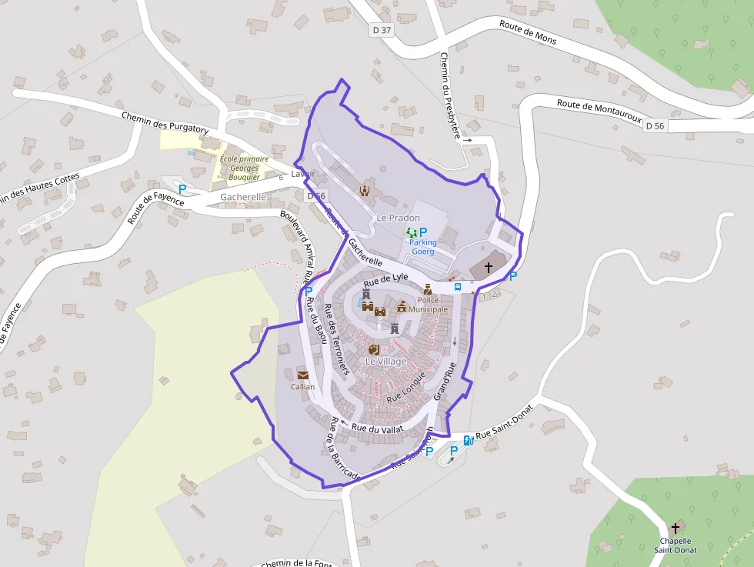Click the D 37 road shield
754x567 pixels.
381,30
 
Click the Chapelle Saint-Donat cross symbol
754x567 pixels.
676,528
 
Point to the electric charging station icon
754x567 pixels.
467,440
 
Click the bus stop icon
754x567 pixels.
458,286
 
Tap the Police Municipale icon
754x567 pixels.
428,290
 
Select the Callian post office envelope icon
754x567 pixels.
302,375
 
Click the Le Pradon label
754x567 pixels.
398,218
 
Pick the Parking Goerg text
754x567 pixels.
422,247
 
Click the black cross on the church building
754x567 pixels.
488,268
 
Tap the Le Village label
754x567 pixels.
385,361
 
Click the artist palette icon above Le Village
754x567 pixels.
375,349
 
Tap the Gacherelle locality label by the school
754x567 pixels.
242,197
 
